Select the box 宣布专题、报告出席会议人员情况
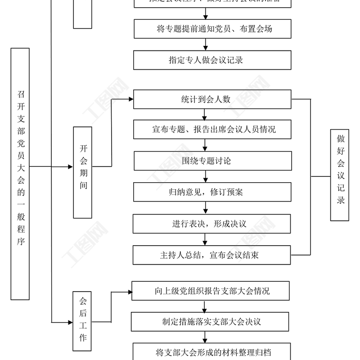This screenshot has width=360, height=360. [212, 130]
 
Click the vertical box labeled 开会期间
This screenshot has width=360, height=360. [83, 172]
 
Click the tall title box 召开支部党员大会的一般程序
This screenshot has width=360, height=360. [20, 174]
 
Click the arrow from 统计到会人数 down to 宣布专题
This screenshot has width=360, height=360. [206, 114]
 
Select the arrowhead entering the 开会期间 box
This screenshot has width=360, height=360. [70, 166]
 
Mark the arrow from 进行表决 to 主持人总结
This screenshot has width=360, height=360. [206, 239]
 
